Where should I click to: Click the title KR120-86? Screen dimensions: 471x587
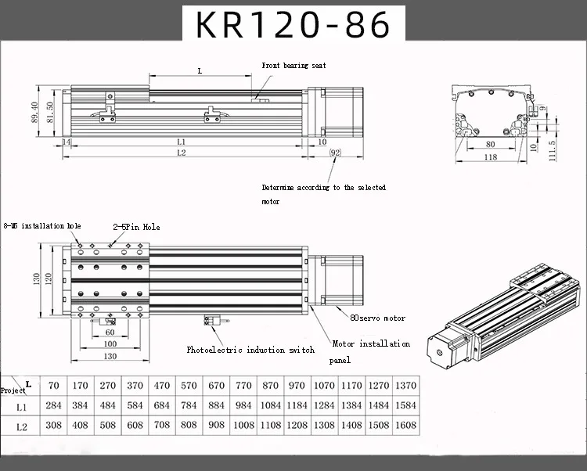pos(293,25)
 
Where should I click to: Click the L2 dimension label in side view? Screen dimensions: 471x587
pos(181,153)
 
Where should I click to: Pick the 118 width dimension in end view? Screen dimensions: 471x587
pos(491,157)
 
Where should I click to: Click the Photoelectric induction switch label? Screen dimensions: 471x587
pos(250,350)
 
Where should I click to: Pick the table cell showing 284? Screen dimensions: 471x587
pos(53,406)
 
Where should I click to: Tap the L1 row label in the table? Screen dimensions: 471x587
pos(22,406)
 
